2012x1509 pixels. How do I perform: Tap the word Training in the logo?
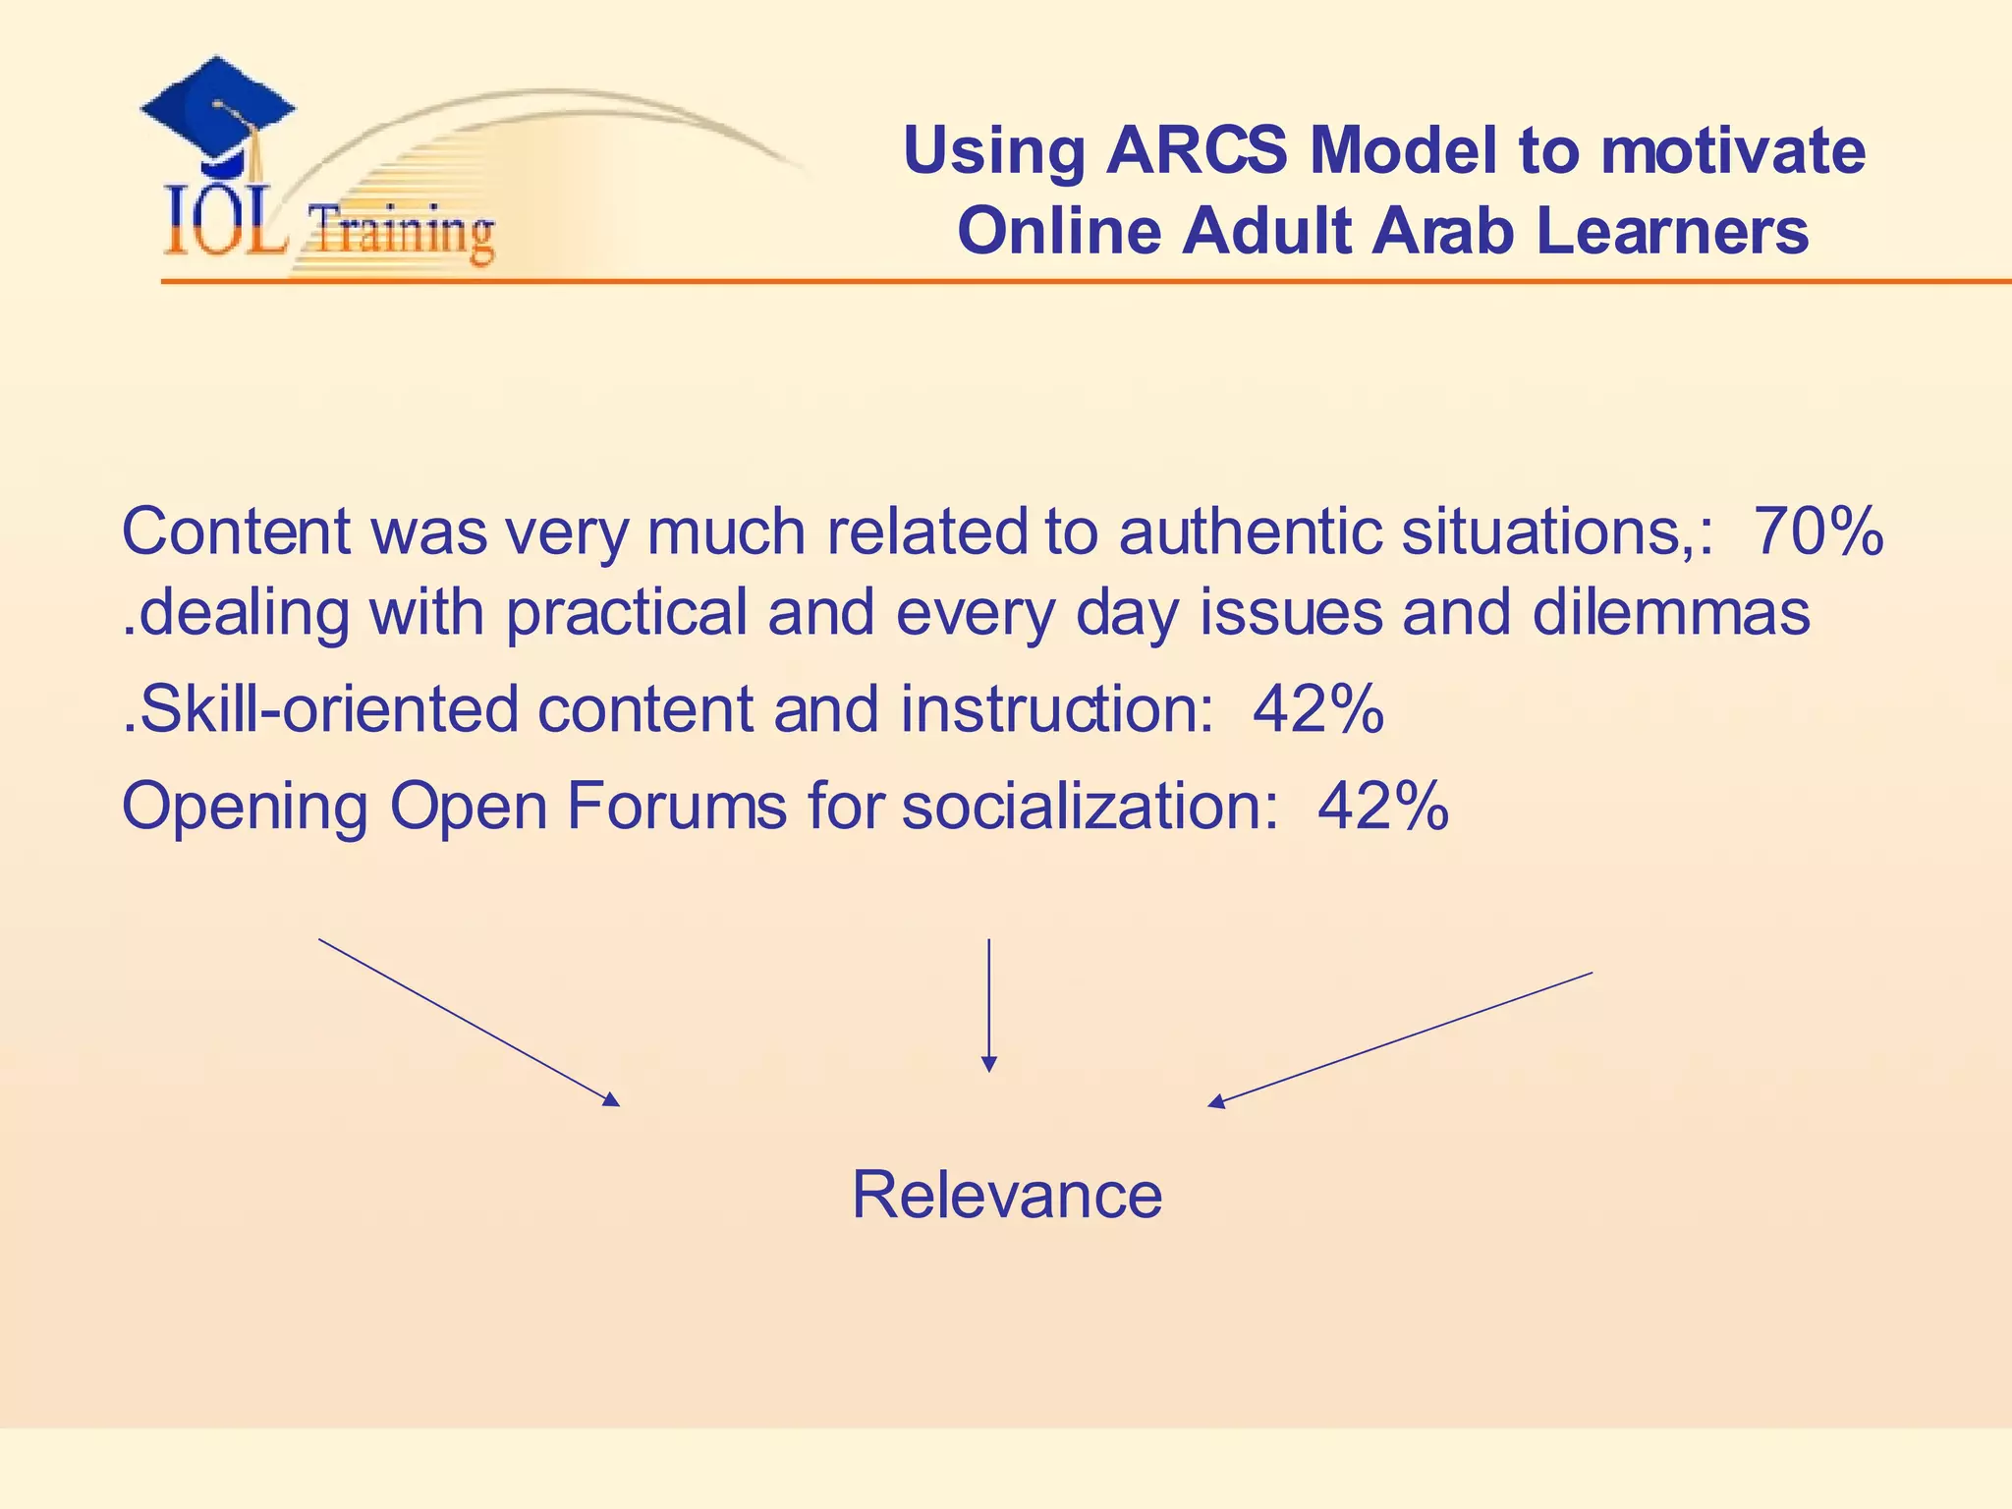point(401,232)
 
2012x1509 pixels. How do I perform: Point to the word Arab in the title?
point(1442,232)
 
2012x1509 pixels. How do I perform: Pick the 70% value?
point(1818,531)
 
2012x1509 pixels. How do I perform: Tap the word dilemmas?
point(1671,612)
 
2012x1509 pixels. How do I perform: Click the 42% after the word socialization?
point(1383,806)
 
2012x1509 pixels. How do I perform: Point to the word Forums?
point(677,806)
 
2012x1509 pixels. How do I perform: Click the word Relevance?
point(1007,1196)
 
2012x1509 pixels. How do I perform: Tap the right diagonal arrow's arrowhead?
point(1215,1103)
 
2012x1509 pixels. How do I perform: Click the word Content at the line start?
point(236,531)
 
